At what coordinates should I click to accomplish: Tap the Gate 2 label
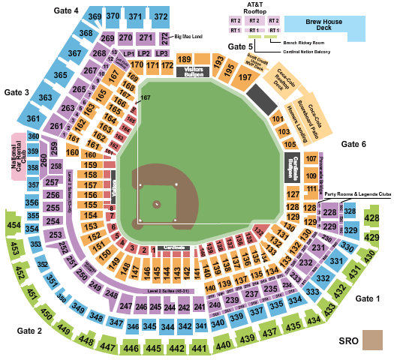[x=29, y=331]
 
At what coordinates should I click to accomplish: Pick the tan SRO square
[x=371, y=340]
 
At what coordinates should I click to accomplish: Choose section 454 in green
[x=14, y=224]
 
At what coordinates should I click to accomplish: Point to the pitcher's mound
[x=157, y=203]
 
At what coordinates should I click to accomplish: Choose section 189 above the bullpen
[x=184, y=59]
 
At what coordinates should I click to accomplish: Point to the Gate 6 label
[x=353, y=143]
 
